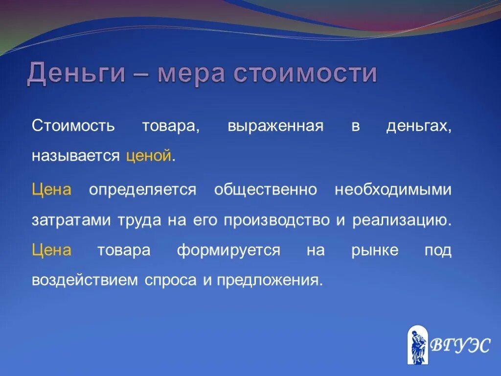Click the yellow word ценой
point(149,157)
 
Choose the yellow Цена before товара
point(52,251)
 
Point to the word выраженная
point(275,126)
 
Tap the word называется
point(76,157)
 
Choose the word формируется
point(228,251)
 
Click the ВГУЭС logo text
point(459,346)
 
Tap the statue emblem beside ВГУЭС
point(417,345)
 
